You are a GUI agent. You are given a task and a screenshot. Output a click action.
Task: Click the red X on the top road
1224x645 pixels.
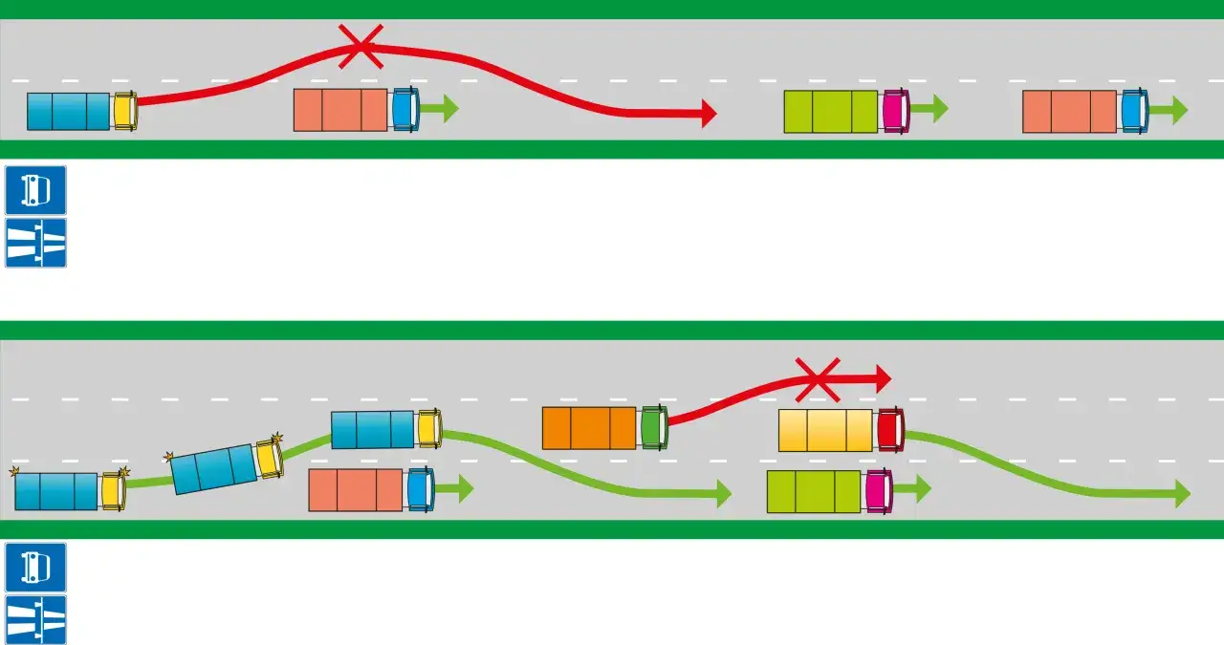(x=361, y=46)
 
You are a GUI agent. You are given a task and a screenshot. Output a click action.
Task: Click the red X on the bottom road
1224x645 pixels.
(x=818, y=378)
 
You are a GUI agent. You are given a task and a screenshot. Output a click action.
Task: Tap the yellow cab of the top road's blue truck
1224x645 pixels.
(x=124, y=111)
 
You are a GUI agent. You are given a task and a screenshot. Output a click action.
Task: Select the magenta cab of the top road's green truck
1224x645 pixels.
(x=895, y=111)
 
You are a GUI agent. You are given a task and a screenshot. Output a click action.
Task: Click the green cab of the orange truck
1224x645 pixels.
(x=654, y=428)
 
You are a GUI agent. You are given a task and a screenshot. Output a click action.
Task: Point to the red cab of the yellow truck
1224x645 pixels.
(x=889, y=429)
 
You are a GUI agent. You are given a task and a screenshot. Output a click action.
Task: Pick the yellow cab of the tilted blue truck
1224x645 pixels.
(x=269, y=458)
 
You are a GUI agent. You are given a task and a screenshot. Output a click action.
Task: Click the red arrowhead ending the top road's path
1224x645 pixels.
(x=709, y=113)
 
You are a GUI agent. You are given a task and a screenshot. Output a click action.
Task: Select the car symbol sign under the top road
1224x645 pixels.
(x=35, y=190)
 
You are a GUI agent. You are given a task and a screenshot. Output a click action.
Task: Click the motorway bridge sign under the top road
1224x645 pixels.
(x=35, y=243)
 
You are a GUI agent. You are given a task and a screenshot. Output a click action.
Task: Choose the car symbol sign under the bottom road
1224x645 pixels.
(x=35, y=568)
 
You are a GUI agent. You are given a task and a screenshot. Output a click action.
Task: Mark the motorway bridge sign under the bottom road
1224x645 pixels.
(x=35, y=619)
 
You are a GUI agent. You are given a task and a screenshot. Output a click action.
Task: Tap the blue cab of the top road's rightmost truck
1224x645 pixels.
(x=1134, y=111)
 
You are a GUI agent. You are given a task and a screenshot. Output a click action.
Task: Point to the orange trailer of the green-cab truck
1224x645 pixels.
(x=589, y=428)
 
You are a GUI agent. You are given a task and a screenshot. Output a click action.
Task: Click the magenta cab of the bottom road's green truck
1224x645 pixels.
(x=878, y=490)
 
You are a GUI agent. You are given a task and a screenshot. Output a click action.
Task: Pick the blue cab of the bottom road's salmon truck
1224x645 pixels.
(x=420, y=489)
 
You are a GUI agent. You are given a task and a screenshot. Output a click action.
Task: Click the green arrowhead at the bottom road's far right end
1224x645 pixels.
(x=1183, y=494)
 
